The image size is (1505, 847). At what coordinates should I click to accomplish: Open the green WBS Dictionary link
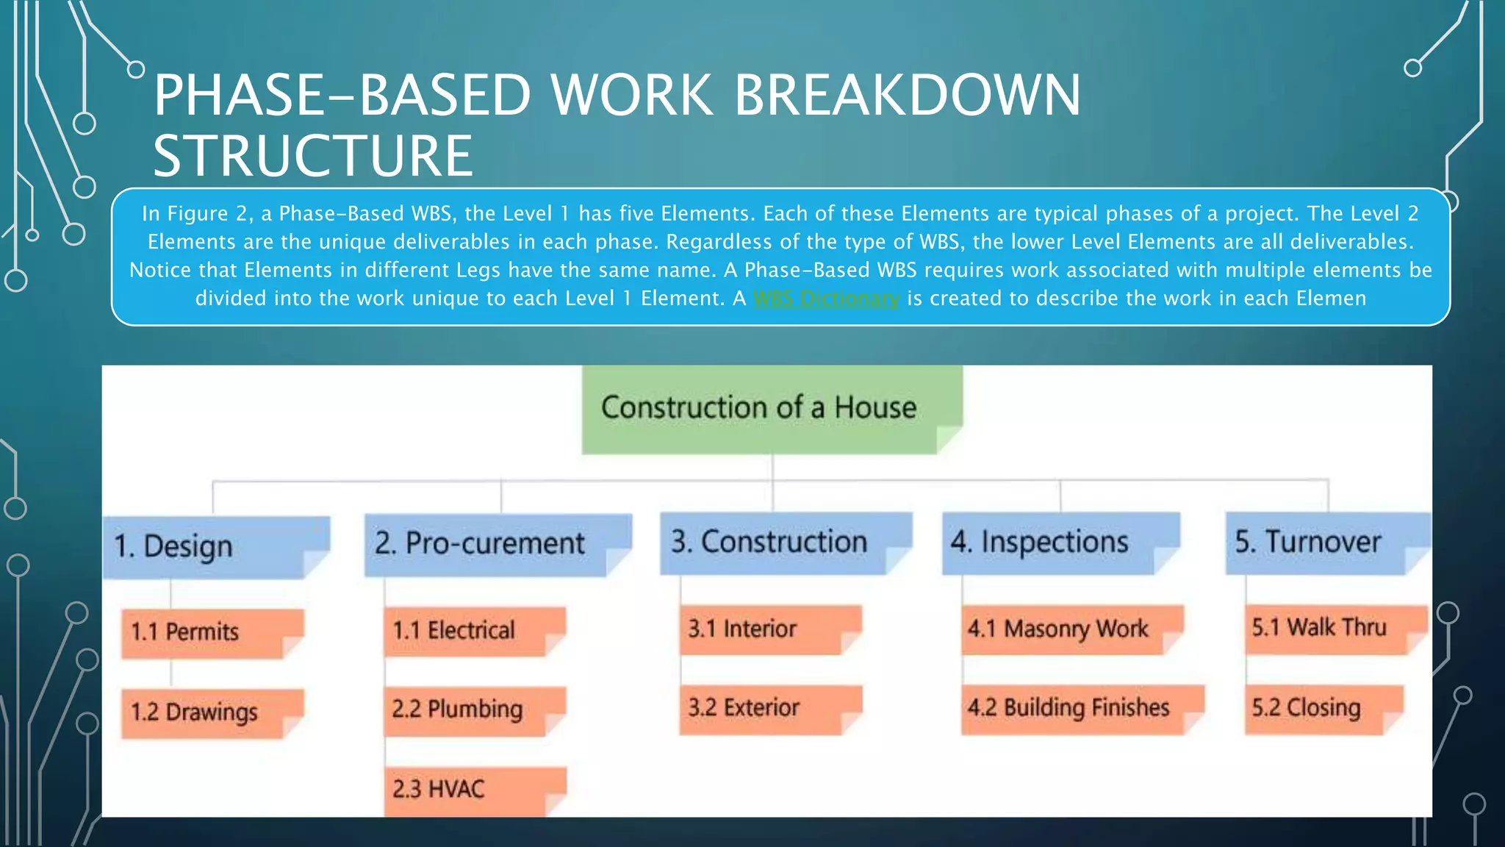(826, 299)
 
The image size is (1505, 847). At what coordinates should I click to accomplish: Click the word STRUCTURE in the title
(312, 156)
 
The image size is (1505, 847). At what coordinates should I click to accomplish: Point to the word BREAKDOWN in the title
(907, 96)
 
